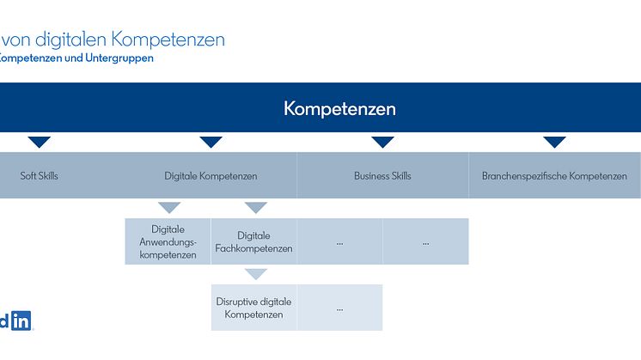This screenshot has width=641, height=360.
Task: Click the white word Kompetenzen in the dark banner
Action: (339, 109)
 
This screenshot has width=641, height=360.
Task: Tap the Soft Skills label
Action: (40, 176)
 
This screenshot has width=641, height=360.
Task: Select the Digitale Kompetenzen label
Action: (211, 176)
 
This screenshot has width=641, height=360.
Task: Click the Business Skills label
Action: (382, 176)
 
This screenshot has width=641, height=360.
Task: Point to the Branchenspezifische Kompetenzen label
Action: (554, 176)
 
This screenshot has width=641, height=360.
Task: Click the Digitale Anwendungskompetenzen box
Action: (168, 241)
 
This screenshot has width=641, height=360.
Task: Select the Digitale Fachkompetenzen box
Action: (253, 241)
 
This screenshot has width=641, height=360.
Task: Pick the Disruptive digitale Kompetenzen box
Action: (253, 308)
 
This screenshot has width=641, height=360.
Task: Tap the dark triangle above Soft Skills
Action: (40, 142)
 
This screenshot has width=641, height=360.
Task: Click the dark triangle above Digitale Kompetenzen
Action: (211, 142)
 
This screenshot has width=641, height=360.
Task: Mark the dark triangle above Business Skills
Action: (382, 142)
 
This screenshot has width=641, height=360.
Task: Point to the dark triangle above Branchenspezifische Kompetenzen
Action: (554, 142)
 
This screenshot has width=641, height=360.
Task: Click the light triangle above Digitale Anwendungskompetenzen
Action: (169, 207)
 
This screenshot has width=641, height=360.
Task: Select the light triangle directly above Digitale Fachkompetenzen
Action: (256, 207)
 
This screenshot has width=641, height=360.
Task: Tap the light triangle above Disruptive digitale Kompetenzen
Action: (256, 273)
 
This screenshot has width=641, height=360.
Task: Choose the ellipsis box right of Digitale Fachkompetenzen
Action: (339, 241)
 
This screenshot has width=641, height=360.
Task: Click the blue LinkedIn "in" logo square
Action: (21, 320)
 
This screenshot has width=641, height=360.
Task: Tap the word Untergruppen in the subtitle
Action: (119, 58)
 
